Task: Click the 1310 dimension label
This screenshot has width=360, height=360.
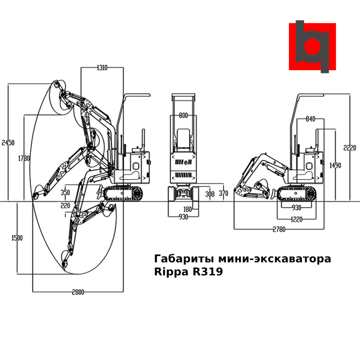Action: [102, 68]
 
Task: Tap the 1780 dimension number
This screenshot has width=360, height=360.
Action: [24, 158]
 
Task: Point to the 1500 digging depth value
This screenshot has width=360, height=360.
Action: [17, 238]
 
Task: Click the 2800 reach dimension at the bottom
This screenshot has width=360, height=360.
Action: [78, 292]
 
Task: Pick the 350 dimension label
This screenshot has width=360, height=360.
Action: [66, 193]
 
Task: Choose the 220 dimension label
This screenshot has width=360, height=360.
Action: [66, 206]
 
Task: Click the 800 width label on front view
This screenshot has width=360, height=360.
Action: [183, 116]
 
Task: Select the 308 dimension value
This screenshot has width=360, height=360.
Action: [210, 194]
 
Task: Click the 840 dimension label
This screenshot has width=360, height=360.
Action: [310, 119]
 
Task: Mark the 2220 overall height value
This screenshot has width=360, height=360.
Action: [350, 147]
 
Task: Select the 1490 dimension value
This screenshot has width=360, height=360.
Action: [335, 166]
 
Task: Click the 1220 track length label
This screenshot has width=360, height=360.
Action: [296, 219]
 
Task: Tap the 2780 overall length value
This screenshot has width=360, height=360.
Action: [279, 229]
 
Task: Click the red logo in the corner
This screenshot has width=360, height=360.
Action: [312, 46]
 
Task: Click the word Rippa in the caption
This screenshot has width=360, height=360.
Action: [171, 272]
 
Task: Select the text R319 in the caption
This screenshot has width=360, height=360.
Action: [205, 272]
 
